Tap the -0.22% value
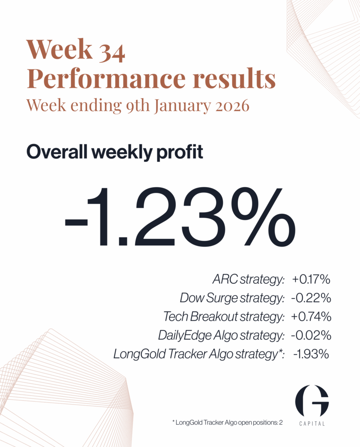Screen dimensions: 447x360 coord(311,299)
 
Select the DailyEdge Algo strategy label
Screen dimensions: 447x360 coord(221,335)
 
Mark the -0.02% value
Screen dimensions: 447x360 coord(311,335)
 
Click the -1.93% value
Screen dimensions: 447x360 coord(311,354)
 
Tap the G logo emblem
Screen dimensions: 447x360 coord(312,401)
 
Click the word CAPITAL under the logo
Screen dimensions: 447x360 coord(312,423)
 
